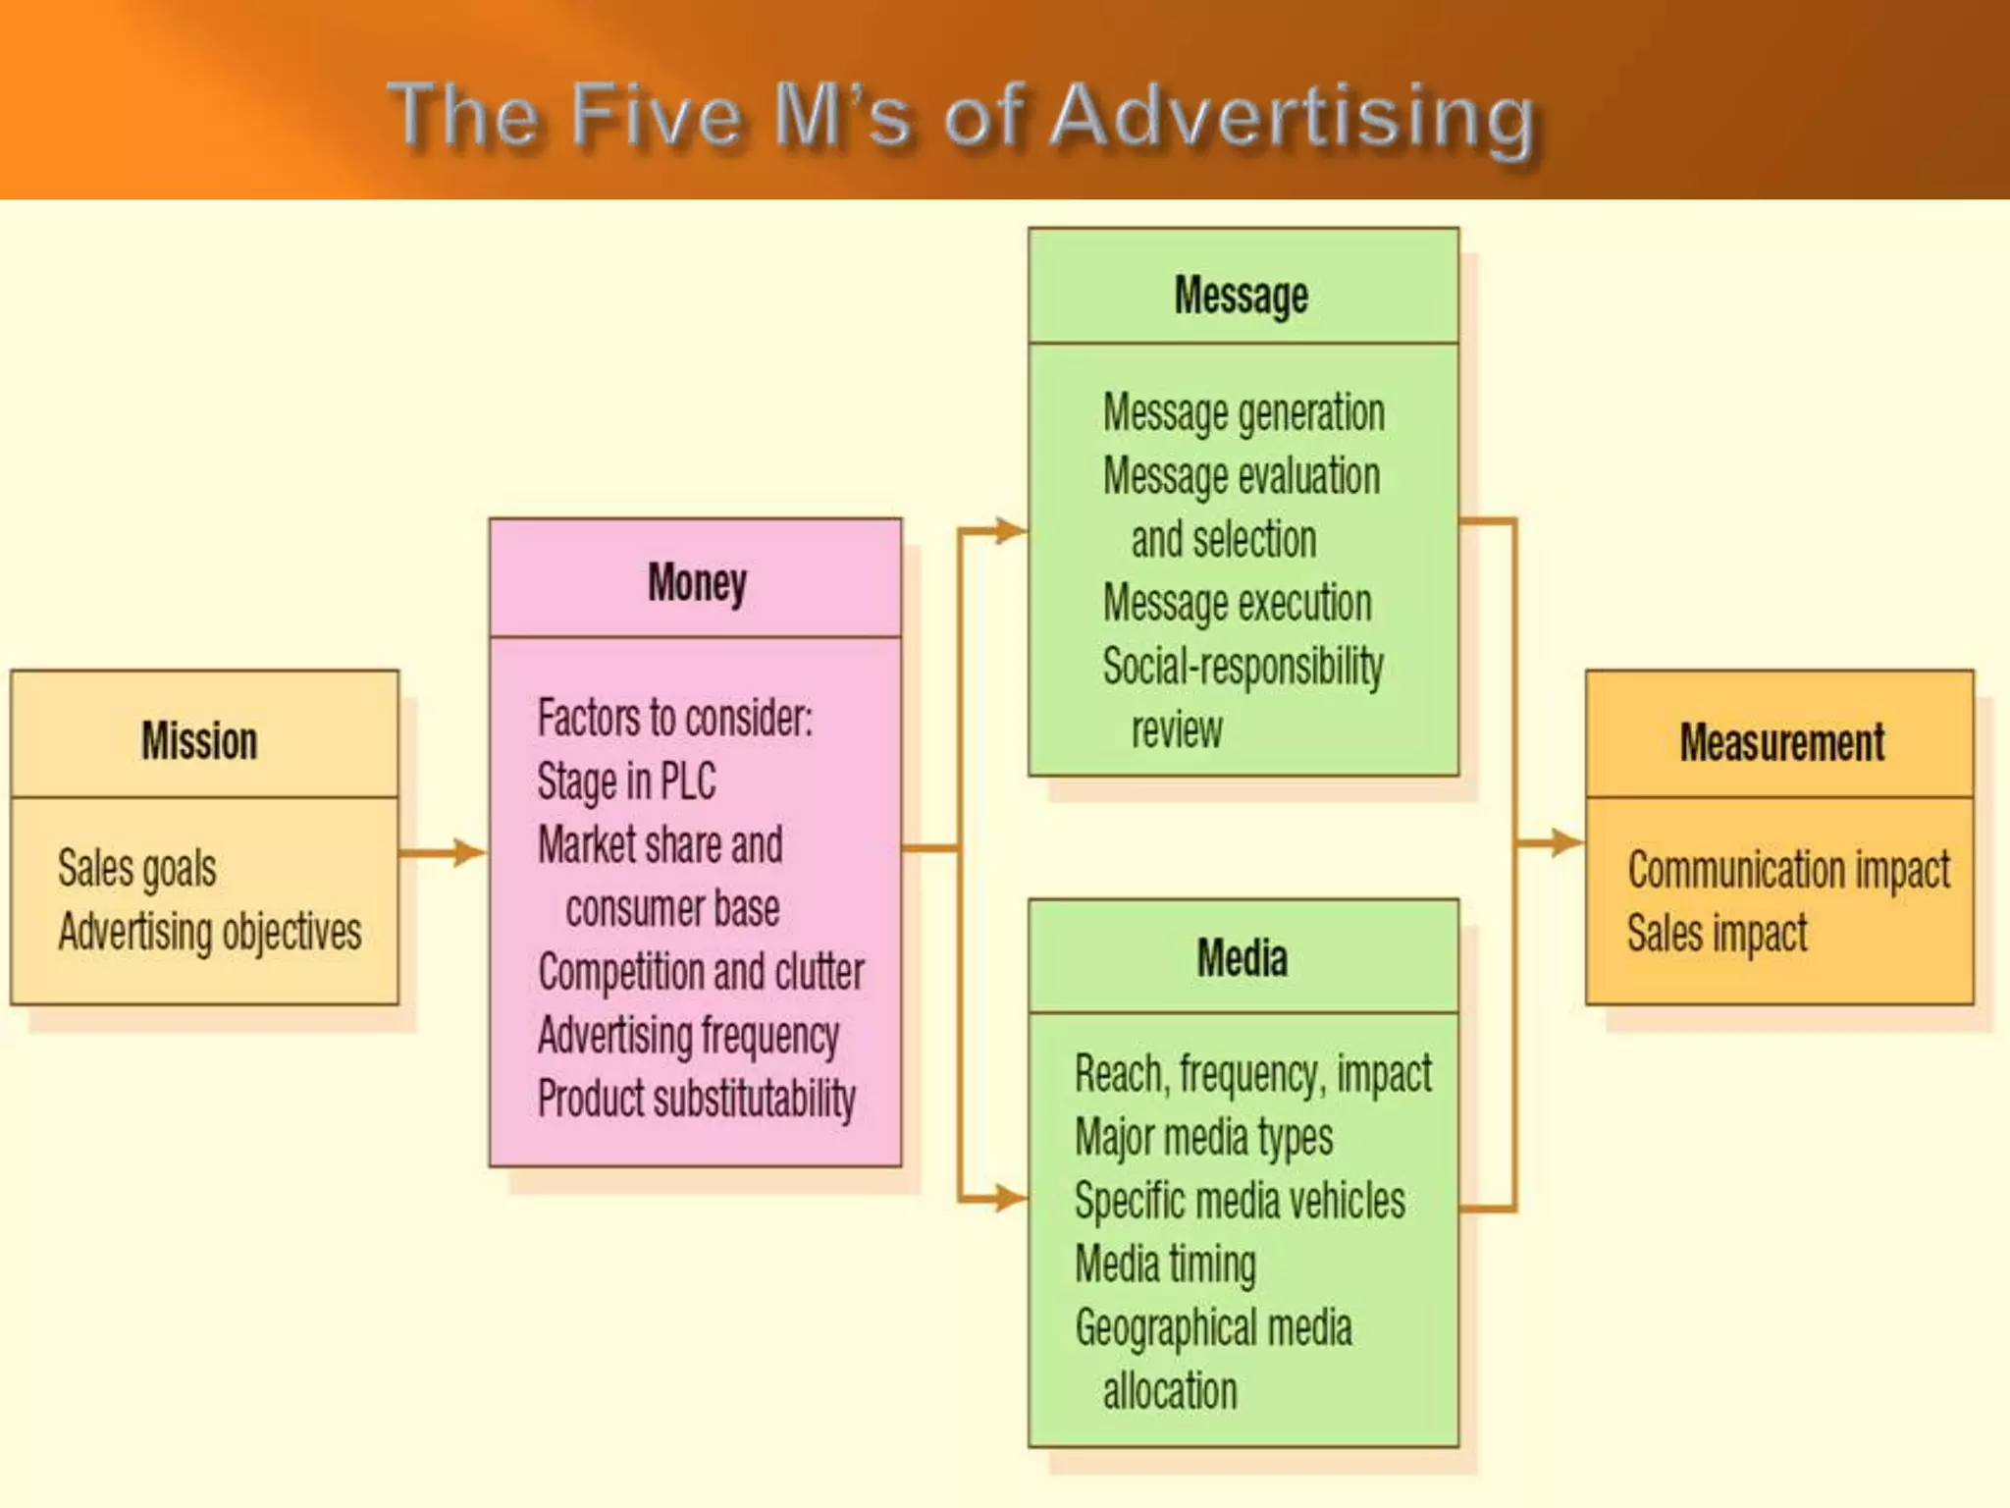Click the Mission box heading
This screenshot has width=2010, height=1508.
(199, 739)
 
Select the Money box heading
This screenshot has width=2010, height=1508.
(697, 582)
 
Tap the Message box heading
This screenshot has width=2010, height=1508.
(1242, 296)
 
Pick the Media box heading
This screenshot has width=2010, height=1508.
(1242, 957)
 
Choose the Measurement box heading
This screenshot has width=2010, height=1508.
(1781, 741)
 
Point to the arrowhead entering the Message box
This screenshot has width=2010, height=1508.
(1009, 531)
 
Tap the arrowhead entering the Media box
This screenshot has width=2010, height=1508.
(1009, 1198)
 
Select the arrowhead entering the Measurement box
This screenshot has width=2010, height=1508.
(1566, 841)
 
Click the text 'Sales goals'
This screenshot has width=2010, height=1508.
(137, 868)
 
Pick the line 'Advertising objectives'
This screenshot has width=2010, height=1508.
(209, 931)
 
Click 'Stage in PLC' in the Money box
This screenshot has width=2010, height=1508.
(626, 781)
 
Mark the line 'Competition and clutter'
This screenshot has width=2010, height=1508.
(701, 972)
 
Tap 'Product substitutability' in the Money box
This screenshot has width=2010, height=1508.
(697, 1098)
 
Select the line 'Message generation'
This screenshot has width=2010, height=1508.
(1243, 412)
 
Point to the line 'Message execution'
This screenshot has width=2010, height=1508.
(1237, 602)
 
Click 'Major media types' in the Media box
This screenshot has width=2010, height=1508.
(1203, 1137)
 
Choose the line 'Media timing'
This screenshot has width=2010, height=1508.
(1165, 1264)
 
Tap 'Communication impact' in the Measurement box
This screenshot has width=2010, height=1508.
(1788, 870)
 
